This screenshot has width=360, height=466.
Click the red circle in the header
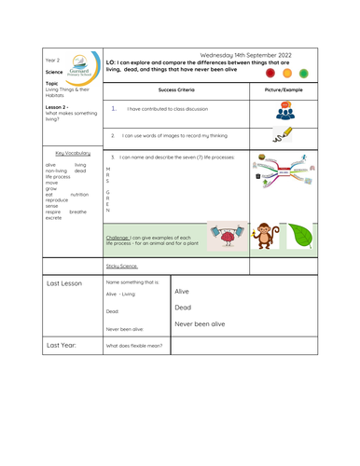coord(270,72)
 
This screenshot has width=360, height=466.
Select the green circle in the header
coord(304,72)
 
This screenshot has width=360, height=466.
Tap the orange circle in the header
coord(287,72)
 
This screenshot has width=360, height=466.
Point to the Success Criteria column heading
coord(176,89)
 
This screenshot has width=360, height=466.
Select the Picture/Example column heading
coord(284,89)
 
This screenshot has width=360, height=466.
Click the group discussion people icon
coord(284,112)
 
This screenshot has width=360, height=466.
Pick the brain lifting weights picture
coord(226,238)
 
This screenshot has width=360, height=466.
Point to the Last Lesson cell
coord(65,283)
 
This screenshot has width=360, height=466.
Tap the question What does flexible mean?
coord(135,346)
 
